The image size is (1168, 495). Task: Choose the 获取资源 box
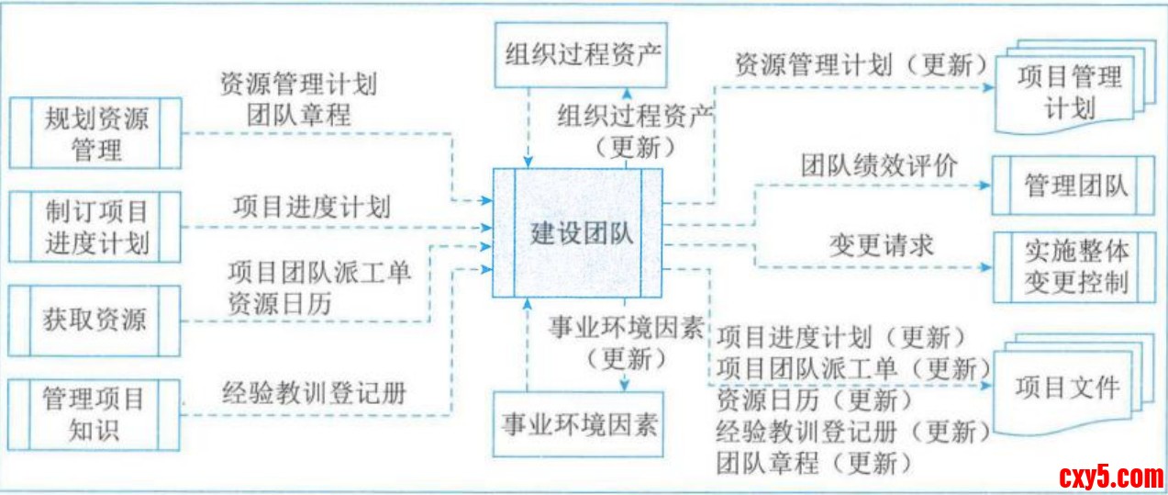[95, 321]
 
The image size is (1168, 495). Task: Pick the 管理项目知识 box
[95, 415]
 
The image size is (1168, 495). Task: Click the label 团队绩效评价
[879, 166]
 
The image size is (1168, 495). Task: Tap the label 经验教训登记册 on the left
[315, 393]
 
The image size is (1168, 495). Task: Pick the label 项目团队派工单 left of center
[320, 273]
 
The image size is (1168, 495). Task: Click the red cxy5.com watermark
[1110, 477]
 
